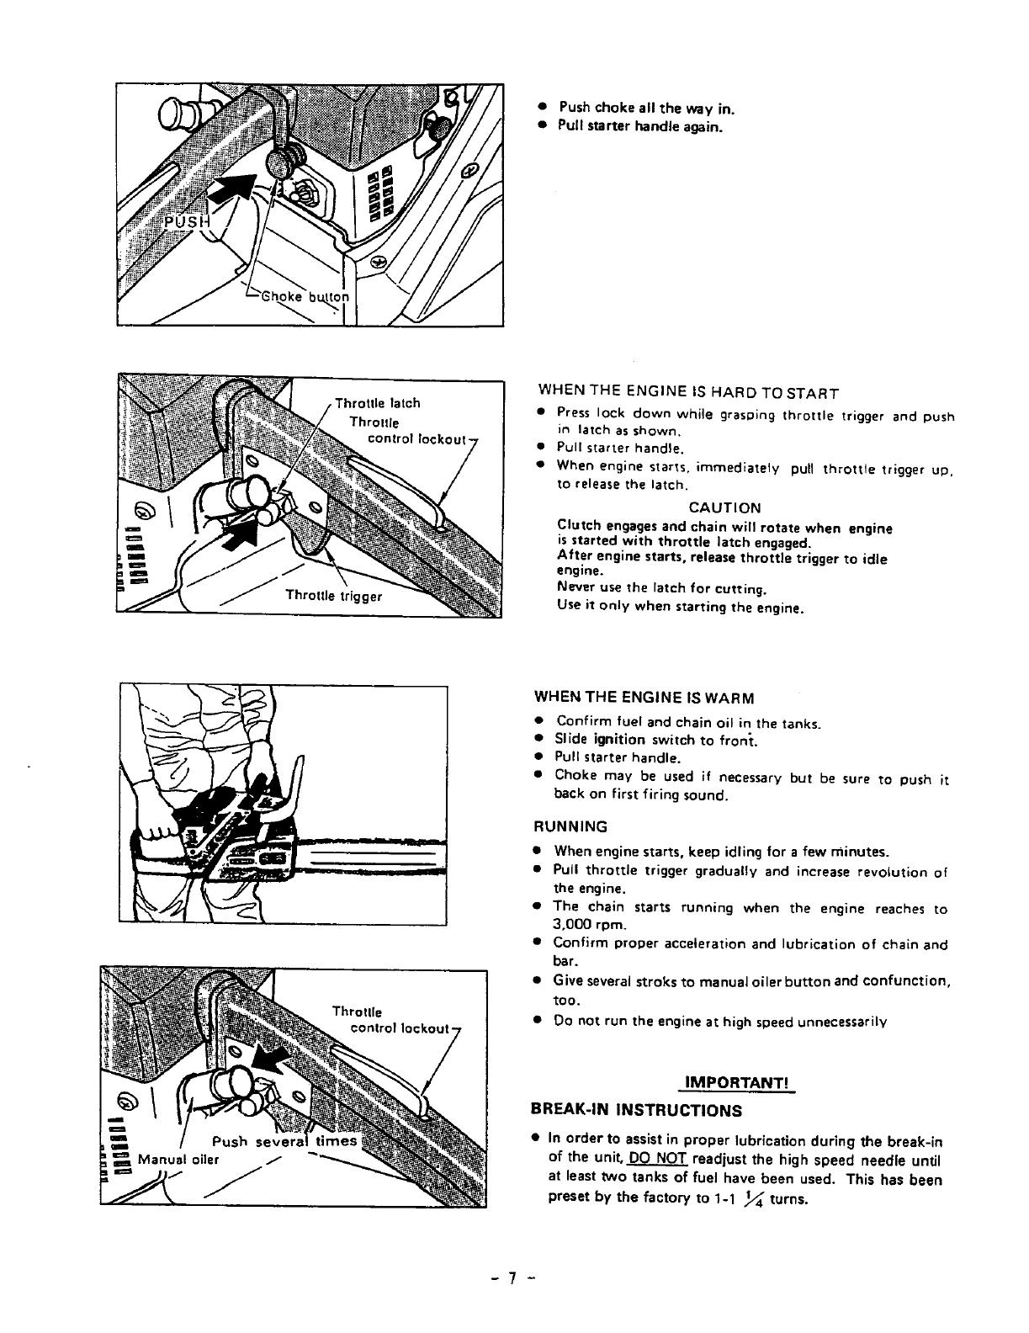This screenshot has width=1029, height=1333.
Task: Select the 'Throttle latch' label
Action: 378,403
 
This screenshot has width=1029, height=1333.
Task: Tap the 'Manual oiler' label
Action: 178,1159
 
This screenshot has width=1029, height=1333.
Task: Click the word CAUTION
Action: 724,508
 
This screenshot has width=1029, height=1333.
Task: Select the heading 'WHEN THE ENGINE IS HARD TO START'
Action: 688,393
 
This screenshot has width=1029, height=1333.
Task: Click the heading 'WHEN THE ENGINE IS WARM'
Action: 644,698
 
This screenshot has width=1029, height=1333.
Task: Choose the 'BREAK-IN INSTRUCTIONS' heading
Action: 638,1110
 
